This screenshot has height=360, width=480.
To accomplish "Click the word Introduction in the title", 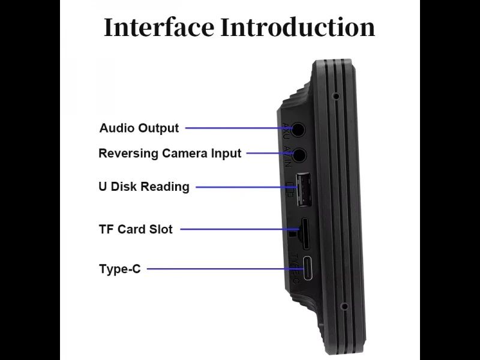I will pos(298,28).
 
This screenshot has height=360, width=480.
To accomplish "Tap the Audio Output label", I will pos(139,128).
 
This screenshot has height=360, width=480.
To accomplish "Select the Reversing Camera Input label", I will pos(170,153).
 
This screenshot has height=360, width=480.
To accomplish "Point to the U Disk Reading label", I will pos(144,187).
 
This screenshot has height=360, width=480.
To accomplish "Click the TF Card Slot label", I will pos(136,229).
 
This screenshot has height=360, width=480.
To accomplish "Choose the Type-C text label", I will pos(120,269).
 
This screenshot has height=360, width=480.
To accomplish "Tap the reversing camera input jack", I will pos(298,154).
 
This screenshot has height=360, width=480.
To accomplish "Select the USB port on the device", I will pos(303,189).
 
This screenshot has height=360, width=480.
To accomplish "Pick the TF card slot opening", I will pos(305,233).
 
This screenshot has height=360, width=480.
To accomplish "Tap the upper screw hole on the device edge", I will pos(336,96).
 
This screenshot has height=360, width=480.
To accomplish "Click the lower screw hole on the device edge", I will pos(344,306).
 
